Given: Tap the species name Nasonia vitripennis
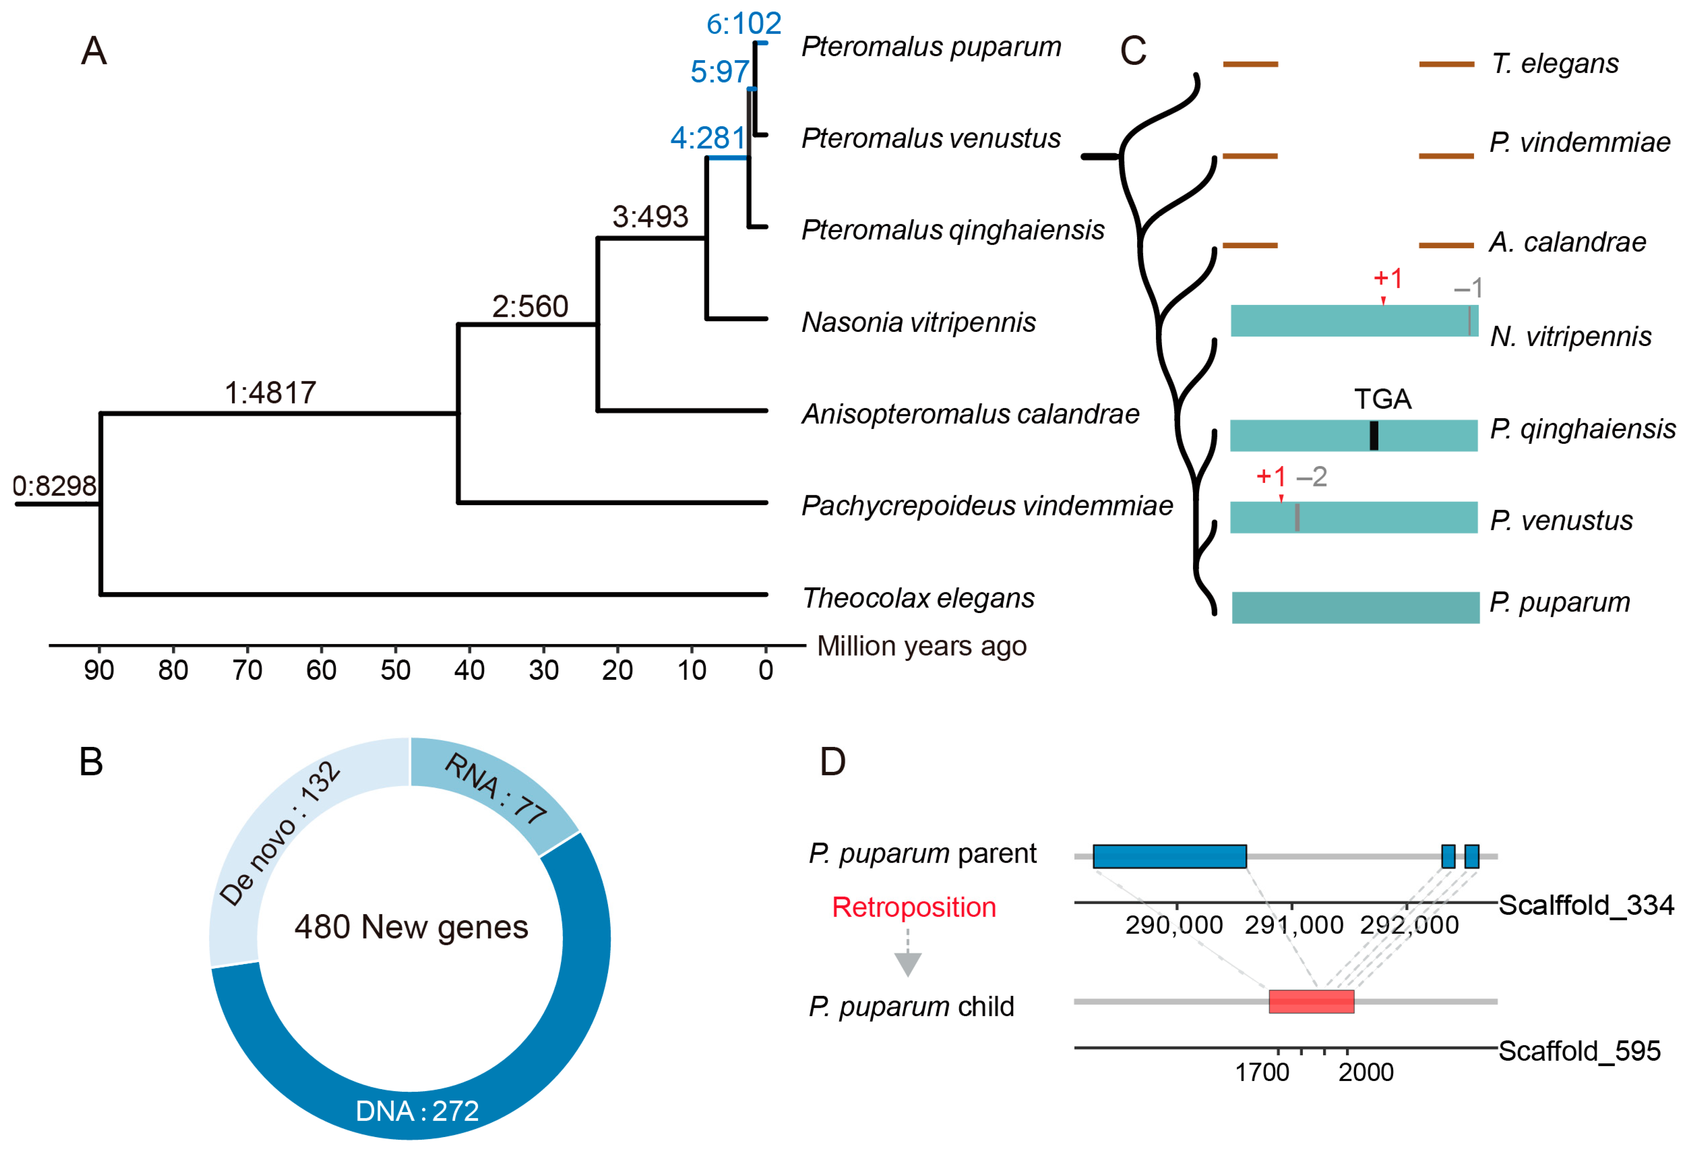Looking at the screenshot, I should pyautogui.click(x=918, y=322).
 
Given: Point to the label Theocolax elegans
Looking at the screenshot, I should pyautogui.click(x=918, y=598).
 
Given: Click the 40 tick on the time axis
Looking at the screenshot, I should pyautogui.click(x=469, y=669).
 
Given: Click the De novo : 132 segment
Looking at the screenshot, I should pyautogui.click(x=279, y=833).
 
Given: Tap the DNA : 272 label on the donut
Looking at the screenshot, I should pyautogui.click(x=417, y=1111).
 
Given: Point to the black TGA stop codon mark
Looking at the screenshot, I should pyautogui.click(x=1374, y=435).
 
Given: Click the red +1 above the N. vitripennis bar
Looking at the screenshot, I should pyautogui.click(x=1387, y=278).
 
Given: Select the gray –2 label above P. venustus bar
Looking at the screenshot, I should pyautogui.click(x=1312, y=477).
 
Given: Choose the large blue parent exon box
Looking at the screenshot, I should pyautogui.click(x=1170, y=856).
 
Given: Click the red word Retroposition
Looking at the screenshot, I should pyautogui.click(x=914, y=907).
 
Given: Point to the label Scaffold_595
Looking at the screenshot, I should pyautogui.click(x=1579, y=1051).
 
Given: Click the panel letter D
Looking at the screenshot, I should pyautogui.click(x=833, y=762).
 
